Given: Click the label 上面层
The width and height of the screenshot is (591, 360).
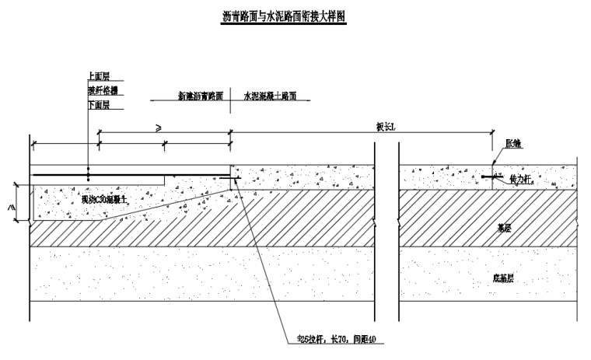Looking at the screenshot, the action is (x=99, y=76).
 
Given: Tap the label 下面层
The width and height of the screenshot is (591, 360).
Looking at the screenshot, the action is (x=99, y=104).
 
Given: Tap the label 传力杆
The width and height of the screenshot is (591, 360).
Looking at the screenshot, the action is (x=518, y=179).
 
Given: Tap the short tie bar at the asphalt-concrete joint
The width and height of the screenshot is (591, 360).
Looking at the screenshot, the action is (x=235, y=179).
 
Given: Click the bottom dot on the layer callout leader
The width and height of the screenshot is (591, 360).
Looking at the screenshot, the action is (x=89, y=180).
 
